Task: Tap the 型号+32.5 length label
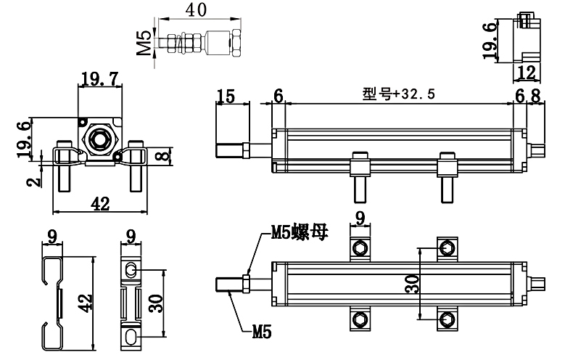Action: click(397, 94)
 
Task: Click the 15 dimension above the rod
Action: click(226, 96)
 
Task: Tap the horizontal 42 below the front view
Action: click(99, 204)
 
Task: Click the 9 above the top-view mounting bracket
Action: click(360, 217)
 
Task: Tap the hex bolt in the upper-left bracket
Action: click(360, 250)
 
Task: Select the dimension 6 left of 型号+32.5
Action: click(278, 96)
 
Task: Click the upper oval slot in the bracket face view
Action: click(131, 270)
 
